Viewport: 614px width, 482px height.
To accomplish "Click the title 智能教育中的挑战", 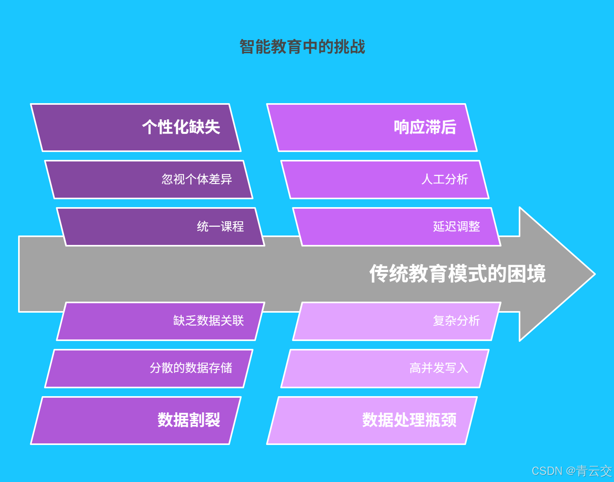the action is coord(302,47).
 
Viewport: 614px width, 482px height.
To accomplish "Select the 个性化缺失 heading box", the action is coord(136,128).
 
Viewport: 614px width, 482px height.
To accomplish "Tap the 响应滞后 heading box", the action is coord(372,128).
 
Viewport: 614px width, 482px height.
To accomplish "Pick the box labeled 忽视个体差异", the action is coord(149,180).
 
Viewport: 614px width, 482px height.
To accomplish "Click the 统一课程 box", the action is coord(161,227).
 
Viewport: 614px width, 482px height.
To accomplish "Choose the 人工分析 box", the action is coord(385,180).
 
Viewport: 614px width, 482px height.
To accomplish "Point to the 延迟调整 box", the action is coord(397,227).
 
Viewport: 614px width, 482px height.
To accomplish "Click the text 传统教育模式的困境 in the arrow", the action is coord(457,274).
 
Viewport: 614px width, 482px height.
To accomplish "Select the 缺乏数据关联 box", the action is coord(161,321).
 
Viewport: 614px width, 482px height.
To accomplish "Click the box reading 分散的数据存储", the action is coord(149,368).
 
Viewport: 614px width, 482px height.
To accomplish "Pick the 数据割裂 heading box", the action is coord(136,420).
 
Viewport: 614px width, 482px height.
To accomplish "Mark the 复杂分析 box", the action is coord(397,321).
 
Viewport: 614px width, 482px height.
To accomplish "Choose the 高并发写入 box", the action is coord(385,368).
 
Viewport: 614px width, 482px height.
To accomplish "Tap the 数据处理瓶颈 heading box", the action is coord(372,420).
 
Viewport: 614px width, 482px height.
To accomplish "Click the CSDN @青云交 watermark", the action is coord(571,471).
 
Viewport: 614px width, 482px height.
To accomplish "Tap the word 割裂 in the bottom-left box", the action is coord(205,420).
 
